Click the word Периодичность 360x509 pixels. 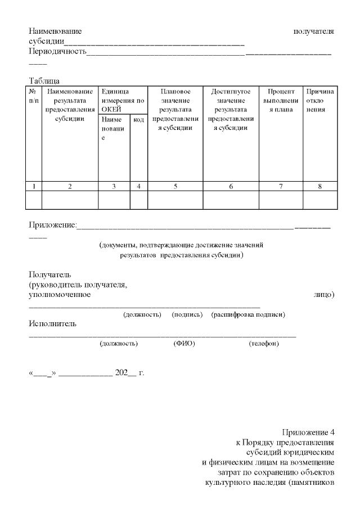[57, 52]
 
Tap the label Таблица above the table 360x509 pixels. [44, 81]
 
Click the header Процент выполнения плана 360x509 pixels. [281, 100]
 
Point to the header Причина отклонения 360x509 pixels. [320, 100]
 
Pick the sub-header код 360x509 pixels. [139, 120]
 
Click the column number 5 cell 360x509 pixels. [175, 186]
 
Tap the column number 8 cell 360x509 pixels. [320, 186]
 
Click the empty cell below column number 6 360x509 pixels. [231, 200]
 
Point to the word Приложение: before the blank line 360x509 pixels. [52, 226]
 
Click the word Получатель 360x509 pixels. [50, 274]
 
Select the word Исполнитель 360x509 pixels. [52, 323]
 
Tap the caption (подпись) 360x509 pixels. [187, 314]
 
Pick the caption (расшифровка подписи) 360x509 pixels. [248, 314]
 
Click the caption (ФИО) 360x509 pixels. [184, 344]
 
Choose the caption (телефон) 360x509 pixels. [264, 344]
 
